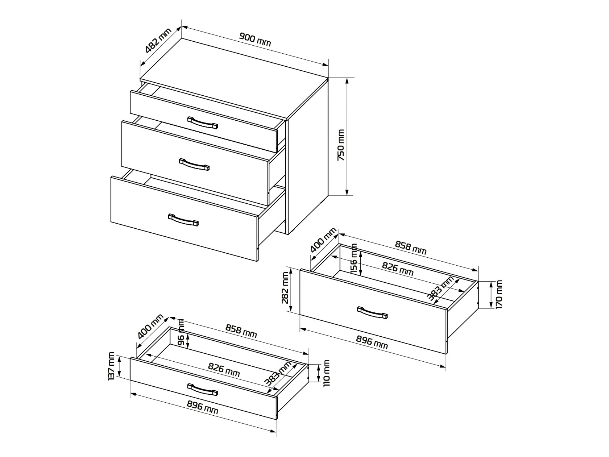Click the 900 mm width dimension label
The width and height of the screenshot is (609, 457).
coord(255,40)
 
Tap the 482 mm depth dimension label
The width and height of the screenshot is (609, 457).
coord(158,41)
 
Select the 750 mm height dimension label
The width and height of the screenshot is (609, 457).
coord(341,145)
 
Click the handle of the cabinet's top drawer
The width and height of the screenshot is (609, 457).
coord(203,122)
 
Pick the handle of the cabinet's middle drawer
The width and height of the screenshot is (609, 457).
coord(194,165)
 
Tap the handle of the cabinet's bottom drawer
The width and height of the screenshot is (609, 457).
coord(183,220)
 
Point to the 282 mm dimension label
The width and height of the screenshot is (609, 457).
coord(285,288)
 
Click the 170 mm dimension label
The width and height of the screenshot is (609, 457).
coord(499,295)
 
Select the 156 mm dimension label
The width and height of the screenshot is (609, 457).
coord(354,259)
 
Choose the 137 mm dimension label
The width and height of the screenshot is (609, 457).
coord(111,366)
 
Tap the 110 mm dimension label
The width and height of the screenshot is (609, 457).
coord(326,373)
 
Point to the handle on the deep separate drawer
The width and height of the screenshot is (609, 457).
coord(372,312)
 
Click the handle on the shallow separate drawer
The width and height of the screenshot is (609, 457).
coord(203,389)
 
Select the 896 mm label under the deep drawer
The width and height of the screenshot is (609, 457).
coord(372,342)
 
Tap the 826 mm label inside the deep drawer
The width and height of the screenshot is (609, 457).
coord(398,269)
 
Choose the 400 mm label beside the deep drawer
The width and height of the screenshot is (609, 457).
coord(323,240)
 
